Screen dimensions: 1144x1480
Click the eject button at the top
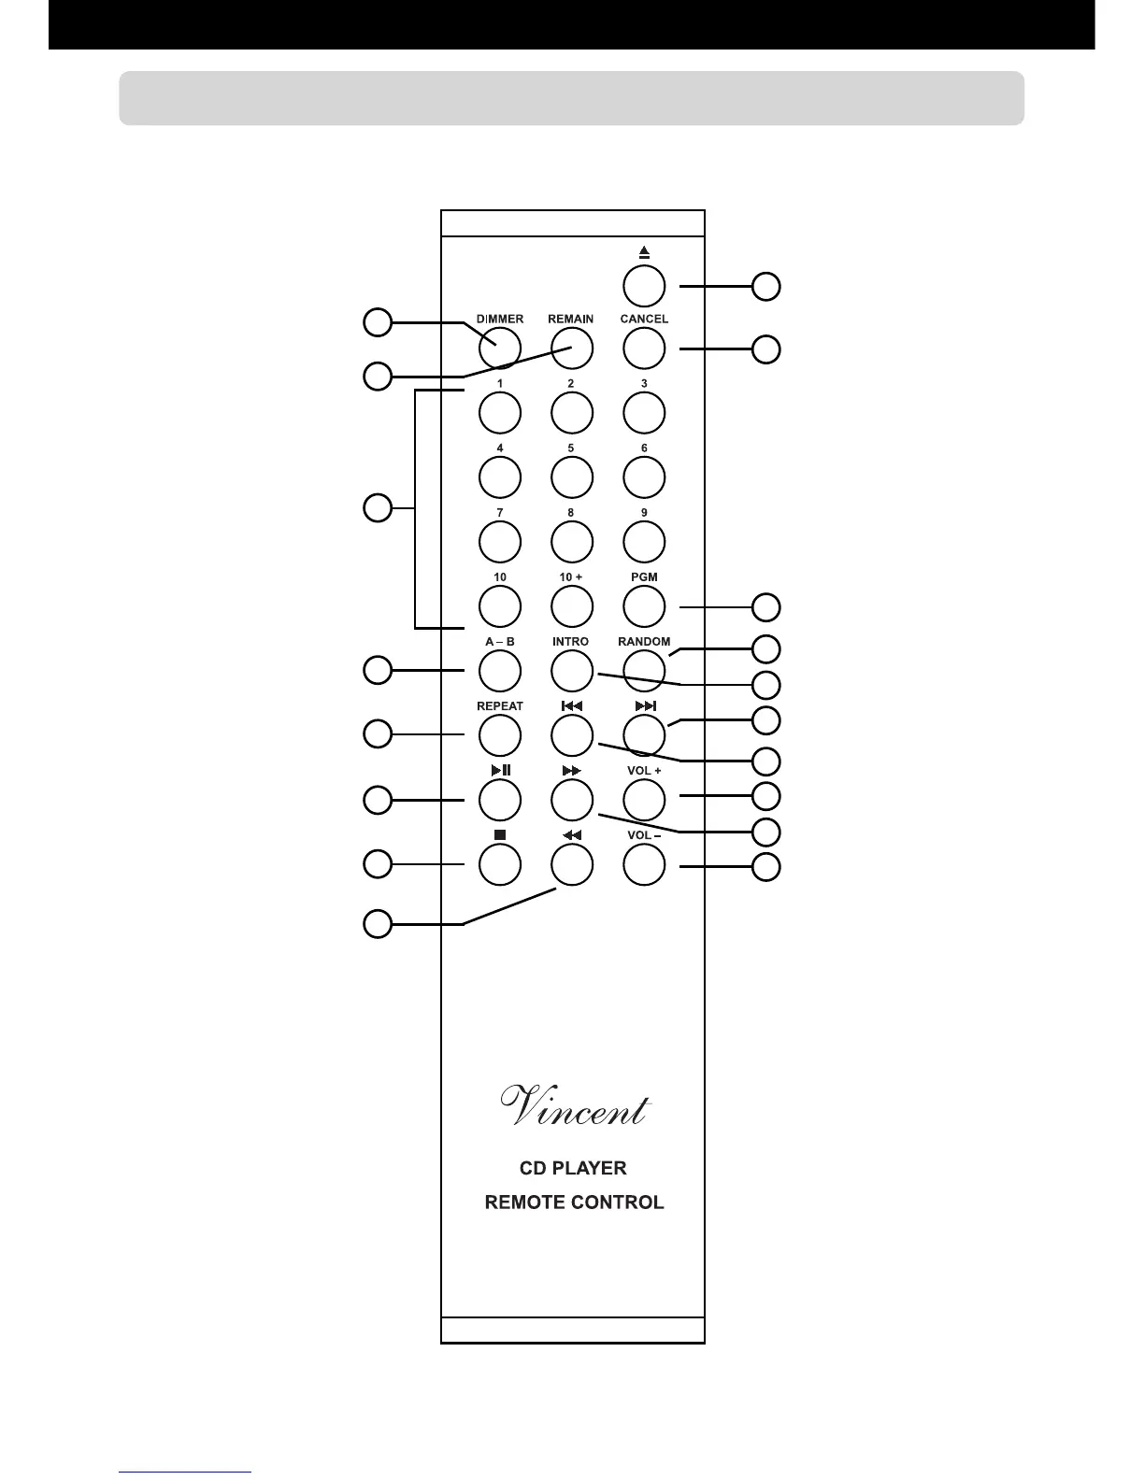tap(644, 286)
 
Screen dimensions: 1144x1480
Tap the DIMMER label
tap(500, 319)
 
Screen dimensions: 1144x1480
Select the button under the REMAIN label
tap(571, 349)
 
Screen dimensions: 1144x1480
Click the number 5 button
tap(571, 477)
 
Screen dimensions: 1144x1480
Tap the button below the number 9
tap(644, 542)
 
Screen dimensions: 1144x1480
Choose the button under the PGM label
tap(644, 606)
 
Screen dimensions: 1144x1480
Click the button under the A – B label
tap(500, 671)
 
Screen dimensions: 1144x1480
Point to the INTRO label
tap(571, 642)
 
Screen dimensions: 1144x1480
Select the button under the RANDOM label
tap(644, 671)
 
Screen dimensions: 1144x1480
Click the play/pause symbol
tap(500, 771)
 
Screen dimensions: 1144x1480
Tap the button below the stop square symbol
tap(500, 864)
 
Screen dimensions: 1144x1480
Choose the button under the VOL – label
tap(644, 864)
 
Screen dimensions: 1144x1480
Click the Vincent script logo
tap(574, 1107)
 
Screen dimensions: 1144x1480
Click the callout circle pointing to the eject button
tap(766, 286)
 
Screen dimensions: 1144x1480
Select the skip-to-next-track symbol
tap(645, 706)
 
